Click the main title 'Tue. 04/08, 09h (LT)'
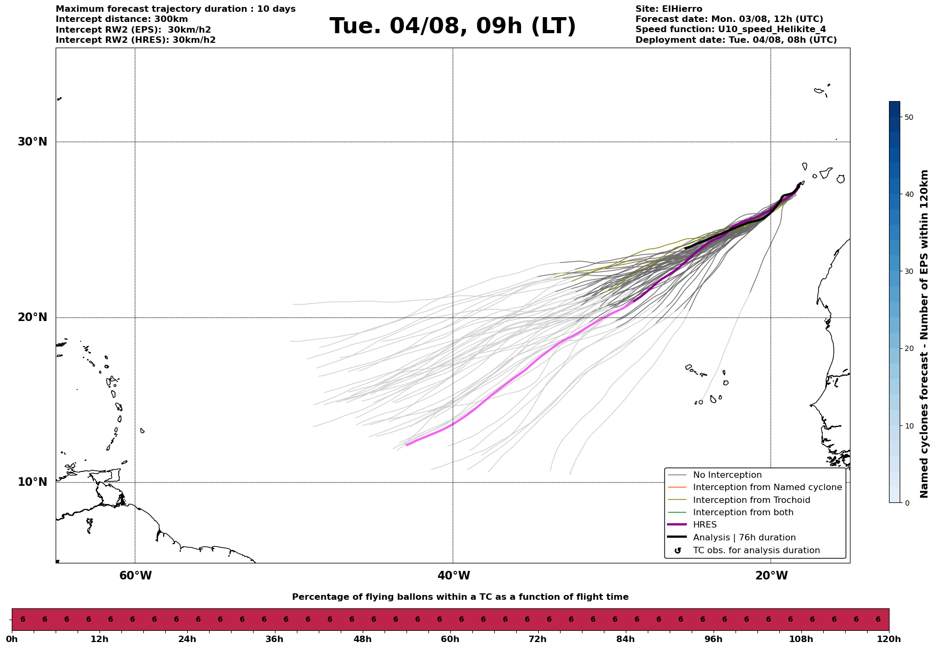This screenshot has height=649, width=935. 453,26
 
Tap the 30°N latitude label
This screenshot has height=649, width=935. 32,142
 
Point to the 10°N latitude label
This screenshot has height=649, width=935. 32,482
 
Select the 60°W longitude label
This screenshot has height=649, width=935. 135,576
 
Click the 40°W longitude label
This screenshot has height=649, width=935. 454,576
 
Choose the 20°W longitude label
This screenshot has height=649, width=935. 771,576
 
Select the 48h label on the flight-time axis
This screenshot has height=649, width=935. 362,639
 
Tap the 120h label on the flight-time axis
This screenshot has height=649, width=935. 889,639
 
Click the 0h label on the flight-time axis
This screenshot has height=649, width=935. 11,639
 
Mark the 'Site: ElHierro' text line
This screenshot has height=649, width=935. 669,9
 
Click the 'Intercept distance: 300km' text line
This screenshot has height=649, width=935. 122,19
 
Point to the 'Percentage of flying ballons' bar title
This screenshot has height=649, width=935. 460,597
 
